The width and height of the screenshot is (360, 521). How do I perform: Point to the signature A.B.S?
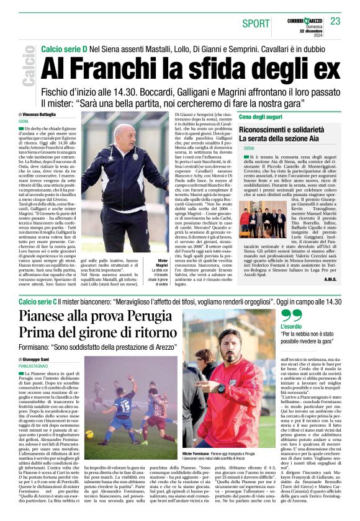[330, 278]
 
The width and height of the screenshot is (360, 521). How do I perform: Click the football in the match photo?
[89, 434]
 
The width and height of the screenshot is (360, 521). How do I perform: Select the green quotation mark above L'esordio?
[286, 313]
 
